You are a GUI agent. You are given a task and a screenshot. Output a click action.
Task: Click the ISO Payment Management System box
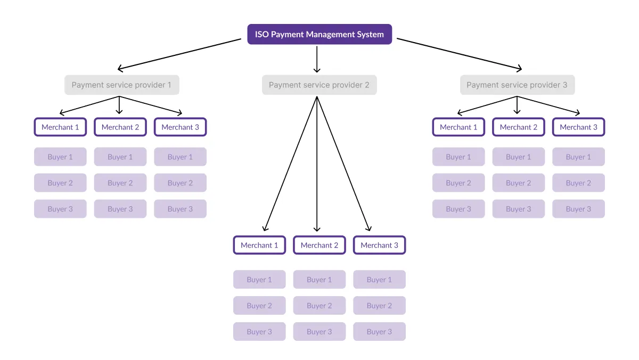pos(319,34)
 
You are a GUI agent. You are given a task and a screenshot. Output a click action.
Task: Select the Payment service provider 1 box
pos(122,85)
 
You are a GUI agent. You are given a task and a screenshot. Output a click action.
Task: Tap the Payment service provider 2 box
pos(319,85)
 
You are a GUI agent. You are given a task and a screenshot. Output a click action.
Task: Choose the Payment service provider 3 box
pos(517,85)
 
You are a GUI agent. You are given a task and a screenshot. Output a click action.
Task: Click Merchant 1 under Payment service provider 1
pos(60,127)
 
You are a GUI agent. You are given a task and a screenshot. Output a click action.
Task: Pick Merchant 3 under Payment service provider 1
pos(181,127)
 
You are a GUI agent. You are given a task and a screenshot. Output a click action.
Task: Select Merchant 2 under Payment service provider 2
pos(319,245)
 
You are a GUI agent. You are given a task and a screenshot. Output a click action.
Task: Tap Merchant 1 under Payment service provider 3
pos(458,127)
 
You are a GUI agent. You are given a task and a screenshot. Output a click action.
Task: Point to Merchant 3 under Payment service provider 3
pos(578,127)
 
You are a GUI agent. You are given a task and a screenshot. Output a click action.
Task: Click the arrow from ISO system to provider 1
pos(179,54)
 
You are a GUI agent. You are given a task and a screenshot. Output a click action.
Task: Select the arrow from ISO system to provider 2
pos(317,59)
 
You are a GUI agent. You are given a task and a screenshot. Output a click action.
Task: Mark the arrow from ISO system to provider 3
pos(459,54)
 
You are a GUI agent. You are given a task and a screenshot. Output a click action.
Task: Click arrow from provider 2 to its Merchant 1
pos(290,163)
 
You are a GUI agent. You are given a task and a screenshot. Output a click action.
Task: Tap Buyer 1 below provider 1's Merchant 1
pos(60,157)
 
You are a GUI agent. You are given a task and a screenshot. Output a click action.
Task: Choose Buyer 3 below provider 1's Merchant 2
pos(120,209)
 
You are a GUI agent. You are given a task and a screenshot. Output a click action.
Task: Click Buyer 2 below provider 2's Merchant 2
pos(319,306)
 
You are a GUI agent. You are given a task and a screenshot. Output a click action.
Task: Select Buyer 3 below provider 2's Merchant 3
pos(379,331)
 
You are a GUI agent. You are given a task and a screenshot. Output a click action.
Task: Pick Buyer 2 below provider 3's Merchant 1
pos(458,183)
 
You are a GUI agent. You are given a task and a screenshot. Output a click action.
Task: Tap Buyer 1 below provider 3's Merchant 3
pos(578,157)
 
